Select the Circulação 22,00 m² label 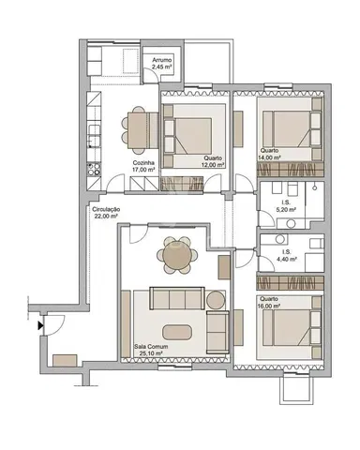coord(106,212)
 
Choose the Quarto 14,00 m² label coord(270,155)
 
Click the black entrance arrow coord(39,327)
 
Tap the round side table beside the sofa coord(217,300)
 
